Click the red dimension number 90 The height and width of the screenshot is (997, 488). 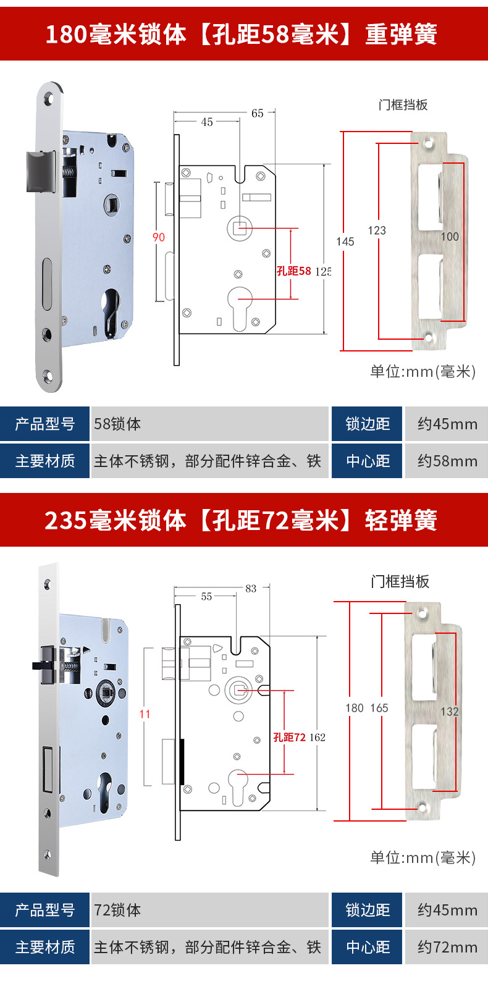point(159,237)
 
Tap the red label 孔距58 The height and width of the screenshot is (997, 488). point(294,271)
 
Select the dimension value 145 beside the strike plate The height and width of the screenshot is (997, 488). point(345,242)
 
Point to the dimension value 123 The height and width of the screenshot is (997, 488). point(377,230)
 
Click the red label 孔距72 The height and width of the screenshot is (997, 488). point(290,737)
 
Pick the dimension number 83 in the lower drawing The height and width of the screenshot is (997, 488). point(251,589)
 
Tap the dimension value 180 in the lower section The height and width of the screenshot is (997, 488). point(355,708)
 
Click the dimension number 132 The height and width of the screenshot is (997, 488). point(449,712)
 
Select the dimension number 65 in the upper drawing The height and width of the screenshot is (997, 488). point(258,114)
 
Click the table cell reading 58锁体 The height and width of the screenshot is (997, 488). point(117,424)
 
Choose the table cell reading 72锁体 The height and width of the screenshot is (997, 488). point(117,911)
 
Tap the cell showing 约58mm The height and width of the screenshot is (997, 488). point(447,461)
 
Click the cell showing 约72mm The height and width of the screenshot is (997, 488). point(447,948)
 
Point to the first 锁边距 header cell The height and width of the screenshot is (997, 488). point(368,424)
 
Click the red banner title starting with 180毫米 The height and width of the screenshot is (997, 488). point(241,34)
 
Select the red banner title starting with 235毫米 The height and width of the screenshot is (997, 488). point(241,520)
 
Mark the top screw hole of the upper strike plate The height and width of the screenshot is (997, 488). point(428,143)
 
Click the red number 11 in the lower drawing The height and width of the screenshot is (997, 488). point(145,714)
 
